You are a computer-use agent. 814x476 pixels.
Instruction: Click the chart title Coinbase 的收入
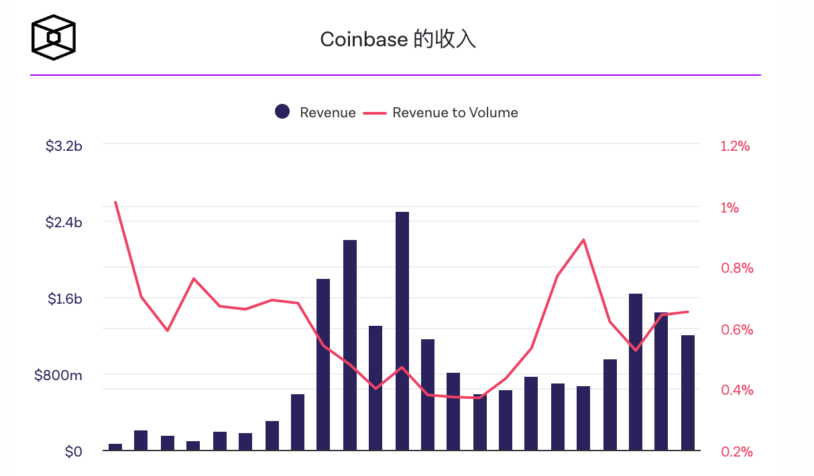tap(398, 40)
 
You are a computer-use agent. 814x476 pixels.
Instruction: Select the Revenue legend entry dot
tap(282, 112)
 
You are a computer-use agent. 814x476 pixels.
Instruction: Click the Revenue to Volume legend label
tap(455, 113)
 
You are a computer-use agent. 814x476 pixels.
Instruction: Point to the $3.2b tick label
tap(64, 145)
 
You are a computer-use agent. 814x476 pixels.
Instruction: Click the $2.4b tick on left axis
tap(64, 222)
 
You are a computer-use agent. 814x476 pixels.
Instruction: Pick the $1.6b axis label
tap(64, 298)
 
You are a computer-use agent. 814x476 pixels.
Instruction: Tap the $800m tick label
tap(58, 375)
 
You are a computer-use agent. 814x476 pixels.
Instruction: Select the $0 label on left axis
tap(73, 452)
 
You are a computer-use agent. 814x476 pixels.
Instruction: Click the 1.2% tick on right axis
tap(735, 146)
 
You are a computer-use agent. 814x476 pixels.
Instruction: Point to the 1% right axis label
tap(730, 207)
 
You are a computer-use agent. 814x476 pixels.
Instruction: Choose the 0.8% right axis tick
tap(737, 268)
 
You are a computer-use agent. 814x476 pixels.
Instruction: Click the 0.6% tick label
tap(737, 329)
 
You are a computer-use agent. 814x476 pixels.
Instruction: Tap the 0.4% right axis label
tap(737, 390)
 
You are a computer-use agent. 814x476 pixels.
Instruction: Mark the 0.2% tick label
tap(737, 452)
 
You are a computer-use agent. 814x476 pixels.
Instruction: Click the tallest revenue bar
tap(402, 331)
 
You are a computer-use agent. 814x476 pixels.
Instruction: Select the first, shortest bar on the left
tap(115, 447)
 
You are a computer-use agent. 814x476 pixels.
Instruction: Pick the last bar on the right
tap(688, 392)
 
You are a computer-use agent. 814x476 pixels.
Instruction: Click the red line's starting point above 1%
tap(115, 202)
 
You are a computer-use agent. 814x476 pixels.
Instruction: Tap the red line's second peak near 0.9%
tap(583, 239)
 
